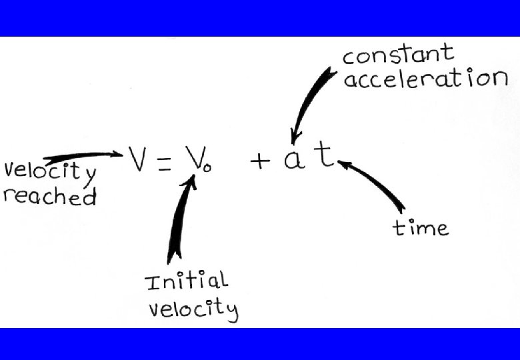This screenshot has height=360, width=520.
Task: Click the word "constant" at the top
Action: coord(398,55)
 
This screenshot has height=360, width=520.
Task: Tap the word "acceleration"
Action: coord(425,79)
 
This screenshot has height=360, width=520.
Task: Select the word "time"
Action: coord(420,228)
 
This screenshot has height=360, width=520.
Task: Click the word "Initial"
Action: coord(186,281)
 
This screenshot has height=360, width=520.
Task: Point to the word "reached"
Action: coord(50,196)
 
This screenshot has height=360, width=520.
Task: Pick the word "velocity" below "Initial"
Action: coord(193,309)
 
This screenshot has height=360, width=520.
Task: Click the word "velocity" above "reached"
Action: coord(50,171)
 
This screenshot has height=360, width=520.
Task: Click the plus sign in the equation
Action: coord(260,161)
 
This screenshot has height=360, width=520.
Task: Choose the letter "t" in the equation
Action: coord(325,156)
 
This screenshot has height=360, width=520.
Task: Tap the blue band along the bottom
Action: coord(260,343)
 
